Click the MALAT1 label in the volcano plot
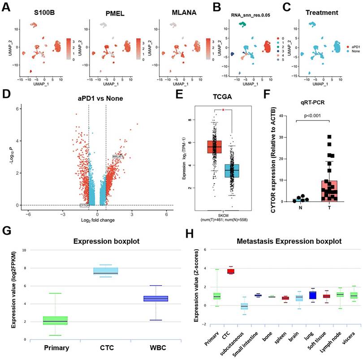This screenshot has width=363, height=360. (118, 156)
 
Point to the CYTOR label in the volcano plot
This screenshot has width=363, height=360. (85, 205)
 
